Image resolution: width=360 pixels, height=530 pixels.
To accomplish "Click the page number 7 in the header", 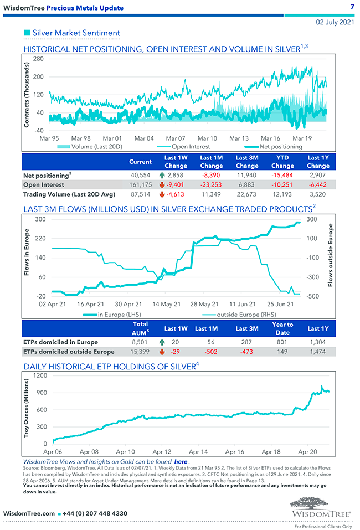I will coord(352,7).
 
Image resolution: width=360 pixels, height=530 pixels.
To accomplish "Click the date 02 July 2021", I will coord(335,23).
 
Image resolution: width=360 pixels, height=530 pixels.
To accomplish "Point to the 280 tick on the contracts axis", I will coord(39,59).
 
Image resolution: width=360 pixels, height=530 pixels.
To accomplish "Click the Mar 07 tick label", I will coord(176,138).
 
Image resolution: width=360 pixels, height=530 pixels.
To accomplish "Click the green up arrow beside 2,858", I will coord(162,174).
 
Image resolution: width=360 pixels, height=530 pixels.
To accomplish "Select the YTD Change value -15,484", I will coord(282,174).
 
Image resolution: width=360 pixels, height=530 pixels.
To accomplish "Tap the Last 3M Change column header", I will coord(247,162).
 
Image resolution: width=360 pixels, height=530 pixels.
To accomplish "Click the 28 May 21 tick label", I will coord(204,304).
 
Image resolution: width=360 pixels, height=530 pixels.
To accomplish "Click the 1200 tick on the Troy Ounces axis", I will coord(39,375).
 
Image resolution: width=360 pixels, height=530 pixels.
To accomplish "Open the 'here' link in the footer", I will coord(181,461).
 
